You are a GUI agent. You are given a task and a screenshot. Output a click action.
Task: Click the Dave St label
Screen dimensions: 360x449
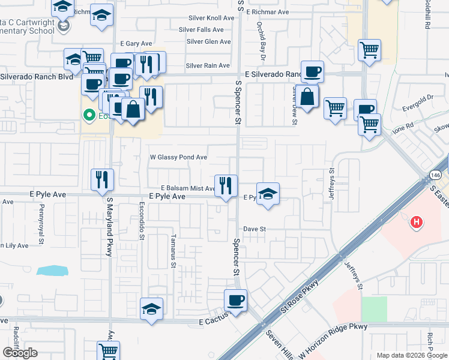point(255,229)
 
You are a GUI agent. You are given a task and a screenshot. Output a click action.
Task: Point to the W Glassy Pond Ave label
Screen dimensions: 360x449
point(178,157)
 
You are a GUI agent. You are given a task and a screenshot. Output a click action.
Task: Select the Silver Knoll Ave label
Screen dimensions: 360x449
point(211,18)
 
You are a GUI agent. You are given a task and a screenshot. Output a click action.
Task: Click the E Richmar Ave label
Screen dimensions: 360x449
point(267,12)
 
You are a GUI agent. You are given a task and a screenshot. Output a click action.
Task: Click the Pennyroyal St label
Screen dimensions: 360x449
point(41,219)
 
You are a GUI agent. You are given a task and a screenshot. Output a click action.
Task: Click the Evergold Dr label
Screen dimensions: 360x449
point(418,99)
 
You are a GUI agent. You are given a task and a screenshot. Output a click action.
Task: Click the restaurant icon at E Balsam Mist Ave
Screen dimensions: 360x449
point(226,185)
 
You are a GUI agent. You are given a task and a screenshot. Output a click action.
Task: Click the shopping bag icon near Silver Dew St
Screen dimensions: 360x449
point(307,96)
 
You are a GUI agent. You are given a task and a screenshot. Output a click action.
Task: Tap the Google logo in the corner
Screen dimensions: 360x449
point(20,353)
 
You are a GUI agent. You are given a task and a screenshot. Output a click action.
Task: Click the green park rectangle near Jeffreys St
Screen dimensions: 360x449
point(373,308)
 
